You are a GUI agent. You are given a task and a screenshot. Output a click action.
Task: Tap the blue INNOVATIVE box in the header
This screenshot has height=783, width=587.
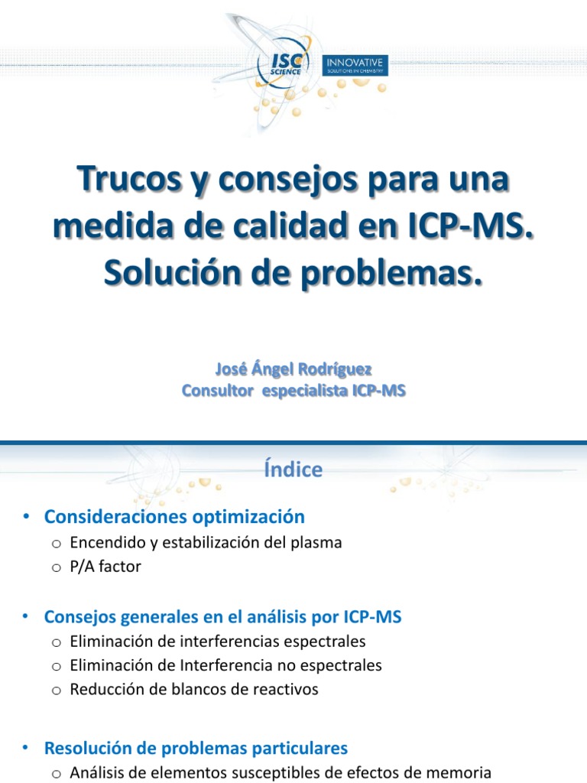pyautogui.click(x=356, y=66)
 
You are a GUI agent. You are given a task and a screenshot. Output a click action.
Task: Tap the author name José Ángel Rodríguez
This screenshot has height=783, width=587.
pyautogui.click(x=293, y=369)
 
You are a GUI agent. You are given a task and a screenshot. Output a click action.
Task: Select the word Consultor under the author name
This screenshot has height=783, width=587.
pyautogui.click(x=219, y=391)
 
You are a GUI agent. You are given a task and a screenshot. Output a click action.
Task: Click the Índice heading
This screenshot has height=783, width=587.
pyautogui.click(x=293, y=469)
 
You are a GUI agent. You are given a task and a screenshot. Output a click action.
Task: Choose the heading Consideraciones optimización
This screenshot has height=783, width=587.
pyautogui.click(x=174, y=517)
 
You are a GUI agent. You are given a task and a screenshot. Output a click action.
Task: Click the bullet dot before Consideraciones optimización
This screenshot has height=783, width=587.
pyautogui.click(x=27, y=518)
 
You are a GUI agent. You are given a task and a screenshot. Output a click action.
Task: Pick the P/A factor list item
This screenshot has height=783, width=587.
pyautogui.click(x=105, y=567)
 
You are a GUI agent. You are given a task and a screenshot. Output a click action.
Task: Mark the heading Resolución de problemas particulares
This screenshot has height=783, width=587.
pyautogui.click(x=196, y=748)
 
